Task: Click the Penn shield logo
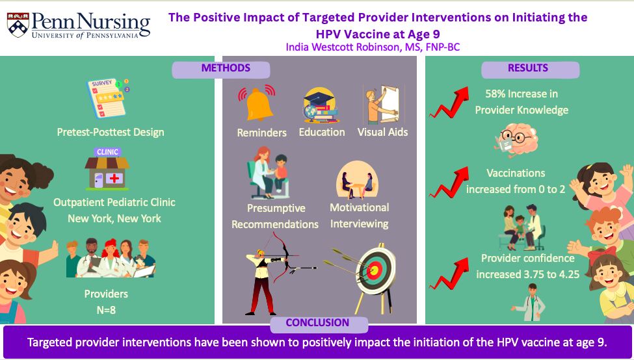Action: pyautogui.click(x=18, y=25)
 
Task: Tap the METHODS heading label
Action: pyautogui.click(x=226, y=68)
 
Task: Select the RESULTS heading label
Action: pyautogui.click(x=527, y=68)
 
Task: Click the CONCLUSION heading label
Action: pyautogui.click(x=317, y=322)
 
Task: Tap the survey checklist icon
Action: pyautogui.click(x=107, y=97)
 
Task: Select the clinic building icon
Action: pyautogui.click(x=107, y=169)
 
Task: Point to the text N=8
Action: pyautogui.click(x=106, y=310)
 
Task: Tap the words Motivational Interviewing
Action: pyautogui.click(x=360, y=215)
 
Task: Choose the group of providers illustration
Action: pyautogui.click(x=111, y=258)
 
